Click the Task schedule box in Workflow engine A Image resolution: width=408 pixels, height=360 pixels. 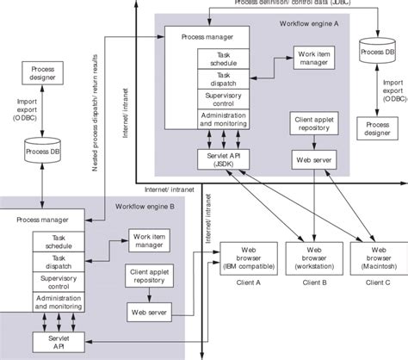(x=222, y=59)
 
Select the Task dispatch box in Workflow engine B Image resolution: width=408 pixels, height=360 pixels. (x=59, y=261)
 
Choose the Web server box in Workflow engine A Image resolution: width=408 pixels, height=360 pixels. (x=310, y=160)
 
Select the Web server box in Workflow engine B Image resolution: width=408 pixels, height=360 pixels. (x=147, y=311)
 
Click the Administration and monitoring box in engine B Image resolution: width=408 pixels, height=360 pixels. (x=59, y=302)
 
